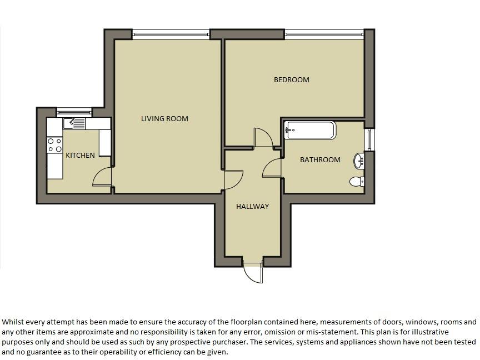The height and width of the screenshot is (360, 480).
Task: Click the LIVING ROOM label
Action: (164, 118)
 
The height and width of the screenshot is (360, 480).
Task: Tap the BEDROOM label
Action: (292, 79)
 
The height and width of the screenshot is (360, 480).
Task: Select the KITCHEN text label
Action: (80, 155)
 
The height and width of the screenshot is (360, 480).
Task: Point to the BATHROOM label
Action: (320, 159)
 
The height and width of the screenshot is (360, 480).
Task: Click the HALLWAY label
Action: (253, 206)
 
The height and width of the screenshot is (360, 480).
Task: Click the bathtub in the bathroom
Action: (310, 131)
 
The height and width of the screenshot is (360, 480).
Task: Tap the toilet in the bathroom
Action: (357, 181)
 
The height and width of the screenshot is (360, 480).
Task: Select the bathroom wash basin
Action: (359, 161)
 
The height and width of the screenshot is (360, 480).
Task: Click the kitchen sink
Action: (74, 124)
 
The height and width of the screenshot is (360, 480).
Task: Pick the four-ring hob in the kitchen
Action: (54, 145)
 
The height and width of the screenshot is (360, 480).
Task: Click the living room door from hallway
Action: (233, 179)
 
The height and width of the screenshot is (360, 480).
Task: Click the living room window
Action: (171, 34)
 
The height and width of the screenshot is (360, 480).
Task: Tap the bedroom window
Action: (324, 34)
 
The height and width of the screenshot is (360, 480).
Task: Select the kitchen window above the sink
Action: (74, 112)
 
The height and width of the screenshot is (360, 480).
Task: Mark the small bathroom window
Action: (369, 139)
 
